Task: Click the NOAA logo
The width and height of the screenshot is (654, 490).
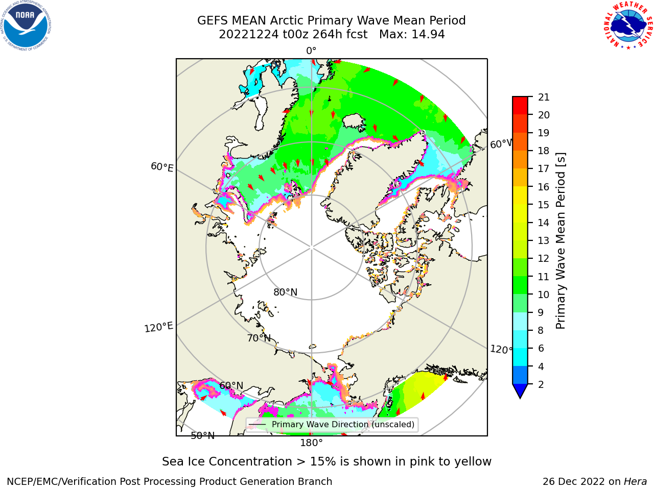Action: pyautogui.click(x=26, y=26)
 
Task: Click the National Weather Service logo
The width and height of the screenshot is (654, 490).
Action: pyautogui.click(x=628, y=25)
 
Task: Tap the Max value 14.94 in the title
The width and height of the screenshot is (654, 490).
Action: pyautogui.click(x=428, y=34)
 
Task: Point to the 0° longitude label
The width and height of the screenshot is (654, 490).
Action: pyautogui.click(x=311, y=51)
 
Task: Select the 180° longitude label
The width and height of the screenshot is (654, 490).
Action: pyautogui.click(x=311, y=443)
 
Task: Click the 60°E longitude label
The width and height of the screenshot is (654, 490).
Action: pyautogui.click(x=162, y=167)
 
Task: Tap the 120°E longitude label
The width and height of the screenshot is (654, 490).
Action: pyautogui.click(x=158, y=327)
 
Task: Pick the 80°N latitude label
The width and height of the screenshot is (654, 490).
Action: pyautogui.click(x=286, y=292)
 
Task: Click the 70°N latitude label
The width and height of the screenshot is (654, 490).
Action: pyautogui.click(x=259, y=338)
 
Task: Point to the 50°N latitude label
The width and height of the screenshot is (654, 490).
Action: pyautogui.click(x=203, y=436)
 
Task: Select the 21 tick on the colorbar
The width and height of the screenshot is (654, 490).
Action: pyautogui.click(x=544, y=97)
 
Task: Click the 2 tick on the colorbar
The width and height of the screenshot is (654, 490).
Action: pyautogui.click(x=541, y=384)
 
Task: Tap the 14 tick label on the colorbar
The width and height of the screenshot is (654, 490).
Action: pyautogui.click(x=544, y=223)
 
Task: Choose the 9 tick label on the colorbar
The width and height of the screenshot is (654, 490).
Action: pyautogui.click(x=541, y=313)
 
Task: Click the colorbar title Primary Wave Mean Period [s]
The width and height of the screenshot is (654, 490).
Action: pyautogui.click(x=560, y=241)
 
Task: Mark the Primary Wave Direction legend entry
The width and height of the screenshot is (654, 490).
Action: pyautogui.click(x=332, y=425)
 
